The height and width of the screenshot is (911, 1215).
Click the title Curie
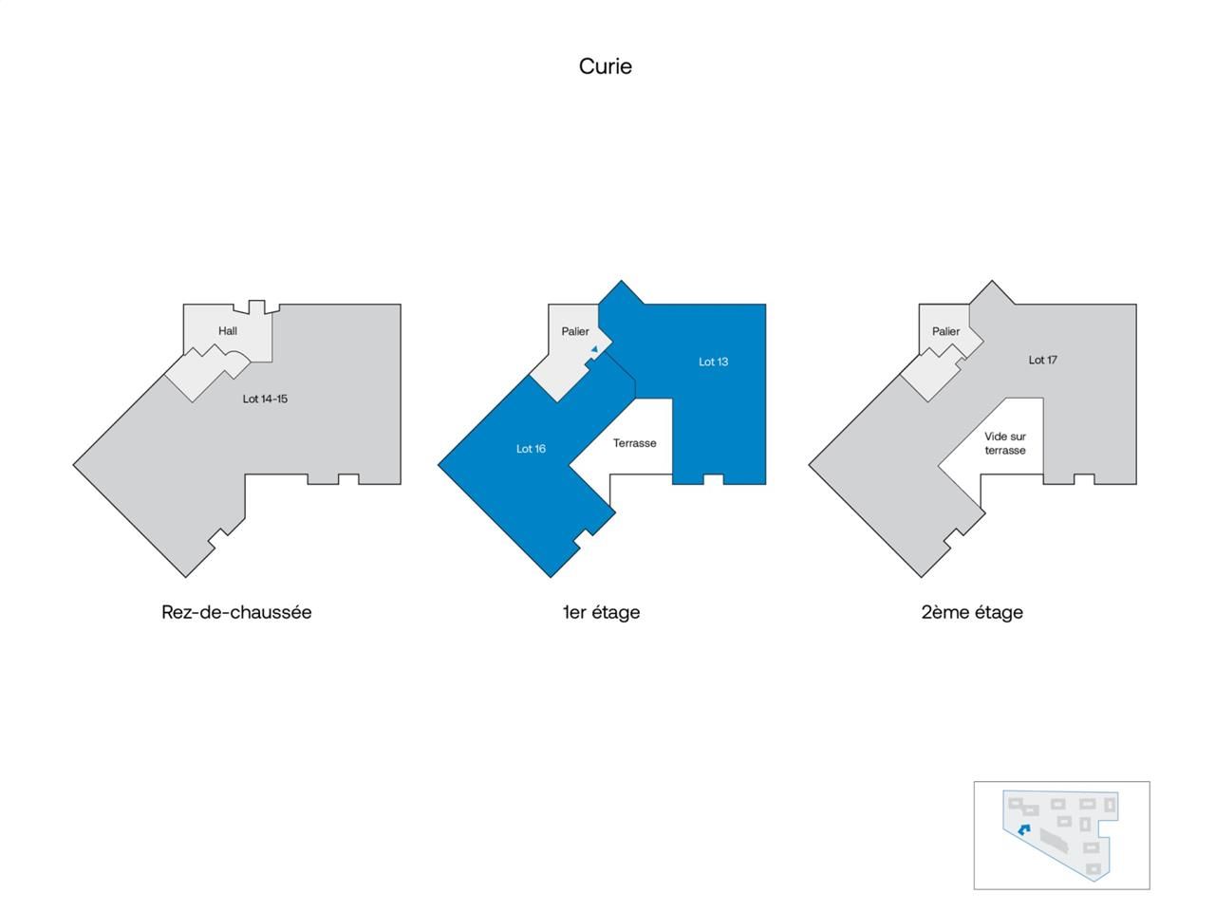click(606, 66)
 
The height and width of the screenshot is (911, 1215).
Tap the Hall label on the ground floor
click(228, 331)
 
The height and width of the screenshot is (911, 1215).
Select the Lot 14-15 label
click(265, 399)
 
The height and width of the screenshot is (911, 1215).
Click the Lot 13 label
click(713, 362)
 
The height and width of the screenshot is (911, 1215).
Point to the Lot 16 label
click(531, 449)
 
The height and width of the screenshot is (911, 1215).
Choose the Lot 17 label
click(1042, 360)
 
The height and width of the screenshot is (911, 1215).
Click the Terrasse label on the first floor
click(634, 443)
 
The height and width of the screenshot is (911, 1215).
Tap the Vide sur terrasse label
click(1004, 443)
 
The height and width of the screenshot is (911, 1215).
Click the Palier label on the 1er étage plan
click(574, 331)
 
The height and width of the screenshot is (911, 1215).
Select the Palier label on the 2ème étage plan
click(945, 331)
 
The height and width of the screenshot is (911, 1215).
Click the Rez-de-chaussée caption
click(236, 612)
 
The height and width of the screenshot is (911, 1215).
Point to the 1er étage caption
click(601, 612)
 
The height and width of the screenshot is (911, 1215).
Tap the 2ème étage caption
click(972, 612)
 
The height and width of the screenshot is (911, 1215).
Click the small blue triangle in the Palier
click(594, 350)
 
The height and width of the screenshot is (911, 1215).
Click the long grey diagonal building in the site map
click(1055, 840)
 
